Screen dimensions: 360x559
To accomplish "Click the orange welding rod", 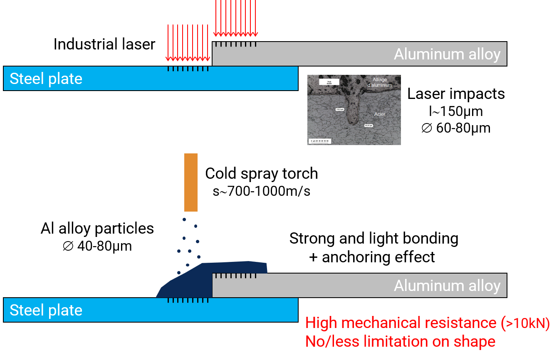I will pyautogui.click(x=191, y=182).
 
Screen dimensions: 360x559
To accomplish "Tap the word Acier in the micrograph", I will pyautogui.click(x=379, y=114).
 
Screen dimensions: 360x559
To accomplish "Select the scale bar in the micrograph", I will pyautogui.click(x=319, y=141).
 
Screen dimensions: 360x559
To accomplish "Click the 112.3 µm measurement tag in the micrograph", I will pyautogui.click(x=340, y=109).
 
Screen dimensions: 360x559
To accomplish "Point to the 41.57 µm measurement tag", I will pyautogui.click(x=369, y=125).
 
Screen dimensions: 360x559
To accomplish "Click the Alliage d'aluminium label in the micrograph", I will pyautogui.click(x=379, y=82).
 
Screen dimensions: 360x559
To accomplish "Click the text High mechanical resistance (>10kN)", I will pyautogui.click(x=427, y=323).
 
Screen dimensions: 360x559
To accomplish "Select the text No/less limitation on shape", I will pyautogui.click(x=400, y=341).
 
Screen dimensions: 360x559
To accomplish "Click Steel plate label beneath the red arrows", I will pyautogui.click(x=46, y=79).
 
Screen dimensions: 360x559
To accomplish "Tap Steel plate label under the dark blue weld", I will pyautogui.click(x=46, y=310).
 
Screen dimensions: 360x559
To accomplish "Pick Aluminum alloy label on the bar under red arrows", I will pyautogui.click(x=447, y=54).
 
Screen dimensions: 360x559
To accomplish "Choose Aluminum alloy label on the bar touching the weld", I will pyautogui.click(x=447, y=286).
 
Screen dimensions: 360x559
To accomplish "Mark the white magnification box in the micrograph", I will pyautogui.click(x=329, y=82).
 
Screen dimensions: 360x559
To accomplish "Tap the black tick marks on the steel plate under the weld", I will pyautogui.click(x=188, y=301).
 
